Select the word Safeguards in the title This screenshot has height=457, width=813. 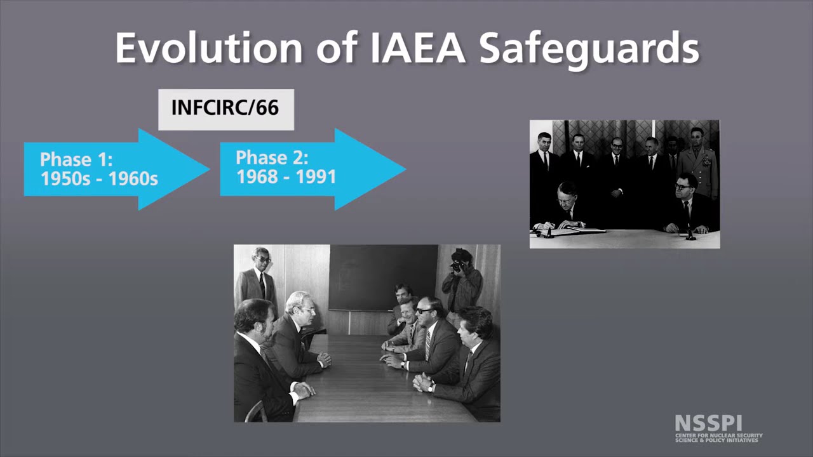coord(589,48)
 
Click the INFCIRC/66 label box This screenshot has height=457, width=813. coord(225,109)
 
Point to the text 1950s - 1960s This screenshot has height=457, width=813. coord(99,179)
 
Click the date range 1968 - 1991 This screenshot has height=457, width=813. coord(286,177)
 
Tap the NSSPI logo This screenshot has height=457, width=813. coord(718,428)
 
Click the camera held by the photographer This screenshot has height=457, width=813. coord(457,265)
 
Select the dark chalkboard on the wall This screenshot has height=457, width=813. coord(382,277)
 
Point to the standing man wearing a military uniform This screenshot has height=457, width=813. coord(697,162)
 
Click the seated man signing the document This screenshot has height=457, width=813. coord(567,206)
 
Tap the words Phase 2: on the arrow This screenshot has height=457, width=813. coord(272,158)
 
